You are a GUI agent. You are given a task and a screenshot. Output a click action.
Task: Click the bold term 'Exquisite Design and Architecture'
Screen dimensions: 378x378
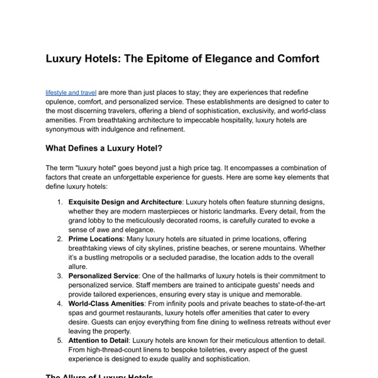[x=125, y=202]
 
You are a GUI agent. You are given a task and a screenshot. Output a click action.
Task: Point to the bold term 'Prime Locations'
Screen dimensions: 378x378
[x=95, y=239]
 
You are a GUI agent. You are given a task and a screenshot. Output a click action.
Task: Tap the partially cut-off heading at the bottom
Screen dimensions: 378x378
[x=101, y=375]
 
